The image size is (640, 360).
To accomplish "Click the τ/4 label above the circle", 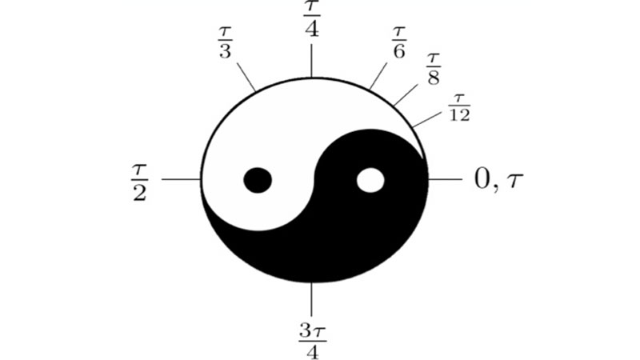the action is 311,18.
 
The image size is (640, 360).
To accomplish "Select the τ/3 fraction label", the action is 225,42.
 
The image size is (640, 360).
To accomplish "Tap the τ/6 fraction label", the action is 398,42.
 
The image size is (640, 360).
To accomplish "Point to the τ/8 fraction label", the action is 434,69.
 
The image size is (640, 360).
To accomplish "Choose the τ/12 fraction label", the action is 459,108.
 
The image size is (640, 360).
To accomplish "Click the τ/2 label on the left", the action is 139,182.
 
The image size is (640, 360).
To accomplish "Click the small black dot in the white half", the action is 258,180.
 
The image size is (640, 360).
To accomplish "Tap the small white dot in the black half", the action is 370,180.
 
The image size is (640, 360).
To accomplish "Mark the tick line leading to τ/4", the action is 311,61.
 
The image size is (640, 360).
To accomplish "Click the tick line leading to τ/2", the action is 182,178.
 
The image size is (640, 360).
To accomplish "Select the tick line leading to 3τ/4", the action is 311,298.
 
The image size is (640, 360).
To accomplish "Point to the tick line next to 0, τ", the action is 445,178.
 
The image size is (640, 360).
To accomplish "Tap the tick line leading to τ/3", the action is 246,77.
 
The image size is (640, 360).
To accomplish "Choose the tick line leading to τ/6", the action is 378,76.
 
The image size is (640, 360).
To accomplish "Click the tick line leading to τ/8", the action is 406,95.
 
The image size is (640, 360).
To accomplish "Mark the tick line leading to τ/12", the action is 427,118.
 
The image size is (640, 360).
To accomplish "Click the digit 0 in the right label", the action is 482,178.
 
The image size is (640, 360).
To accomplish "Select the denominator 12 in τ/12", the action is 459,115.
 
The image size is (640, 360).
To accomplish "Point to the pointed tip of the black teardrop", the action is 422,158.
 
